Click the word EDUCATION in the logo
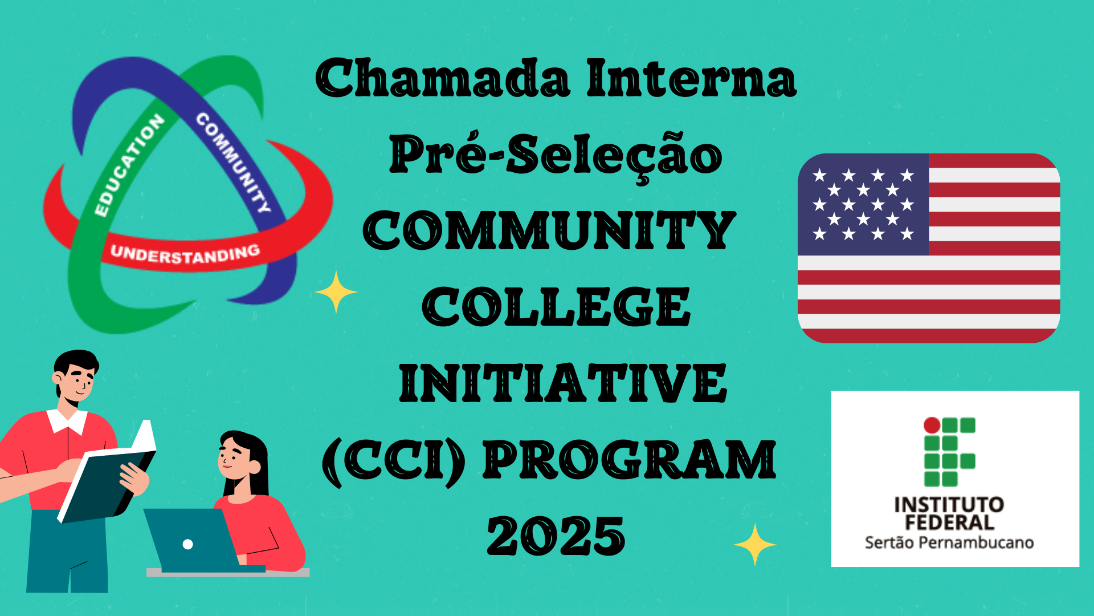pyautogui.click(x=129, y=165)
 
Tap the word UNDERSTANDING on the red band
pyautogui.click(x=185, y=254)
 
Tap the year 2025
pyautogui.click(x=556, y=536)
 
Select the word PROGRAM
pyautogui.click(x=630, y=460)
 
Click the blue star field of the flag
pyautogui.click(x=863, y=204)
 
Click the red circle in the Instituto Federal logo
pyautogui.click(x=932, y=425)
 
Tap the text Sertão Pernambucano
pyautogui.click(x=949, y=542)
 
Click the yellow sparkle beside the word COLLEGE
pyautogui.click(x=336, y=292)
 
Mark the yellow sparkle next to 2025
pyautogui.click(x=755, y=545)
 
